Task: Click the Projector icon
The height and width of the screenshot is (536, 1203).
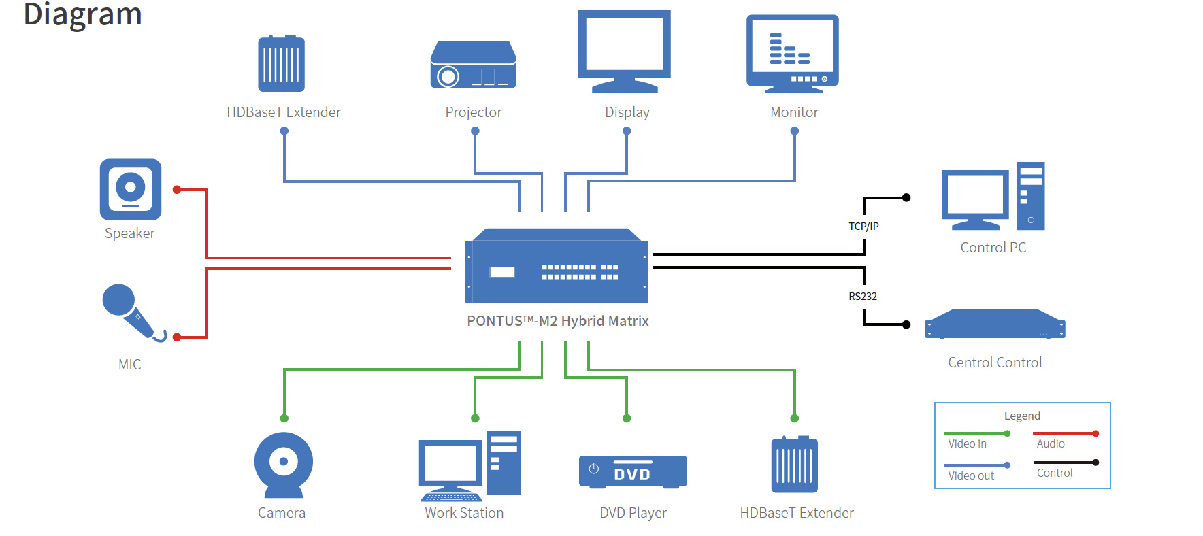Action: pos(474,65)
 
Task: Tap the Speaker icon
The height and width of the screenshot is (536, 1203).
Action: pos(131,189)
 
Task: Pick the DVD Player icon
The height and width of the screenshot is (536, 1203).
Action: pos(633,471)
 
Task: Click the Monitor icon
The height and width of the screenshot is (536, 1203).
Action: pos(793,54)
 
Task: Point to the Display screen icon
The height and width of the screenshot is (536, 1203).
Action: pos(625,51)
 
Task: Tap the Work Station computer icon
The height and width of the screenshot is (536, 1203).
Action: pos(469,466)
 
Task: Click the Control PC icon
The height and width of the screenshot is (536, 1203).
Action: pos(993,196)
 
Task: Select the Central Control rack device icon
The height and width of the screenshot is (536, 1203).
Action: pos(995,324)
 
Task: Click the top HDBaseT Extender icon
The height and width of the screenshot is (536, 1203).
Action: pos(282,63)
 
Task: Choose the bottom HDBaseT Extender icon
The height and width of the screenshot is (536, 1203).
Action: pos(795,464)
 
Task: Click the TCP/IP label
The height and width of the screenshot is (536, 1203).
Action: pos(863,226)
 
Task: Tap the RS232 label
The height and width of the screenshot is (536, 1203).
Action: pos(863,296)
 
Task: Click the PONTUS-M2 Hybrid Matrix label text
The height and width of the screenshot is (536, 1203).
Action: pos(558,321)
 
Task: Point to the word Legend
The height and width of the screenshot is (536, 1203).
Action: pos(1022,416)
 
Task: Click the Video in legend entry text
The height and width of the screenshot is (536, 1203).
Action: pos(967,443)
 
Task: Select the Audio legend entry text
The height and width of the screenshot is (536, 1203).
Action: pos(1051,443)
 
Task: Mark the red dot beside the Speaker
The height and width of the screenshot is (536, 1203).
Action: pos(177,190)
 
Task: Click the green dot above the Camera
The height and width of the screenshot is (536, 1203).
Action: pos(284,418)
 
